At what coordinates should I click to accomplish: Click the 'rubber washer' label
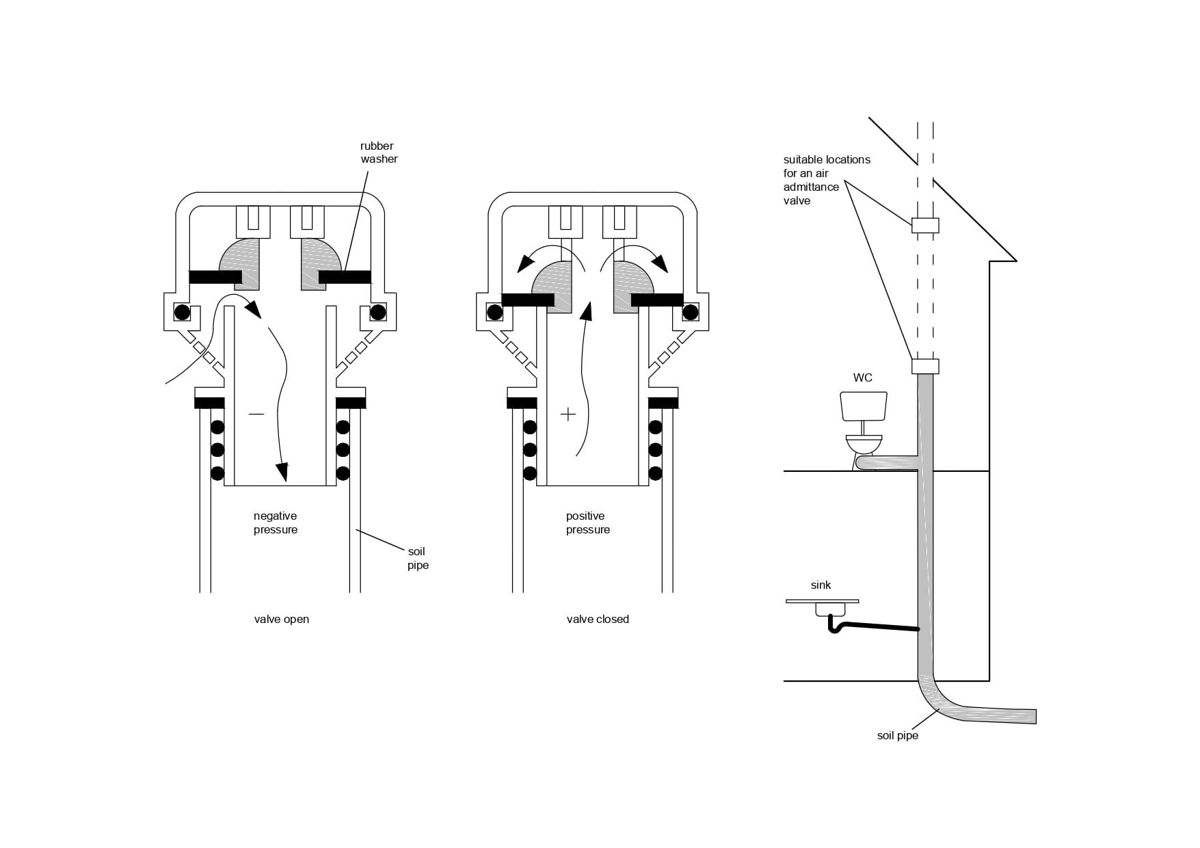coord(379,153)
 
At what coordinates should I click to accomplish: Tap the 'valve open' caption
coord(282,620)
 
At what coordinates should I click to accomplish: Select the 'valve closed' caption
coord(598,620)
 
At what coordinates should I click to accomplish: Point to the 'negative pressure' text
coord(276,523)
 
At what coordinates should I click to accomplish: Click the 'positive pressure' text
coord(588,523)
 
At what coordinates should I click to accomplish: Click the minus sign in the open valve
coord(256,414)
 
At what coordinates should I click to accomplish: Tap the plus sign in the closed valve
coord(568,414)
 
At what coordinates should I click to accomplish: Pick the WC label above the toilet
coord(863,378)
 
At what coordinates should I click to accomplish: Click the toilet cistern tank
coord(863,406)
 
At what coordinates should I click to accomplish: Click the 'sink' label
coord(821,585)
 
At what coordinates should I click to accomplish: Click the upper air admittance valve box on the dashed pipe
coord(925,225)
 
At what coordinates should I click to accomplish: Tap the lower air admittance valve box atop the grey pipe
coord(925,367)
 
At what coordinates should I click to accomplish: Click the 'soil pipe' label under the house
coord(898,736)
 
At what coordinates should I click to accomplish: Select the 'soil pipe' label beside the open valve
coord(418,559)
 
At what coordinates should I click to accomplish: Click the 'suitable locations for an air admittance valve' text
coord(827,180)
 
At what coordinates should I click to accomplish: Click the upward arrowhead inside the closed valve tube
coord(585,311)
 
